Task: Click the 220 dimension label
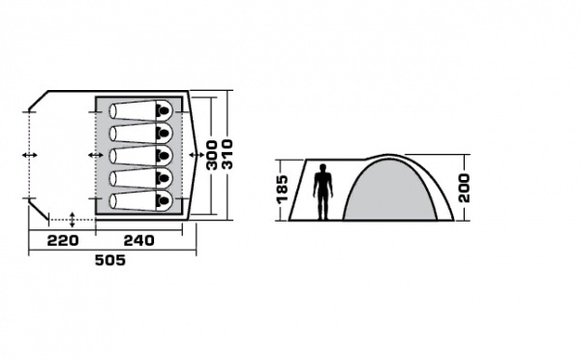click(x=63, y=241)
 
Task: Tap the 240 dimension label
click(x=138, y=241)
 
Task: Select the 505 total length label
click(x=110, y=260)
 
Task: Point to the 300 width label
click(x=211, y=155)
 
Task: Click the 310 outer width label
click(x=227, y=154)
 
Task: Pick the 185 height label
click(x=283, y=188)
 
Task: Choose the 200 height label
click(x=464, y=188)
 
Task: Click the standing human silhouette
click(x=323, y=192)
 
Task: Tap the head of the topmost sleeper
click(x=163, y=110)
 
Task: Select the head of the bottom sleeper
click(x=163, y=200)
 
